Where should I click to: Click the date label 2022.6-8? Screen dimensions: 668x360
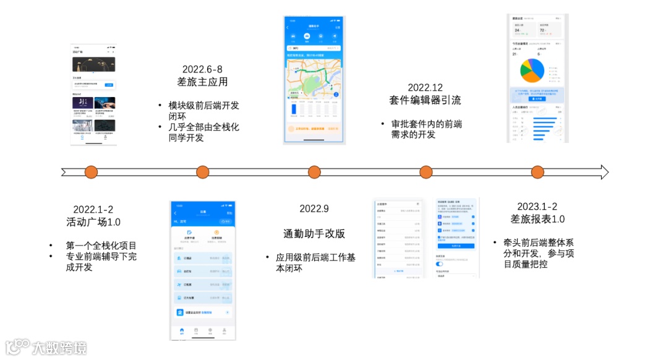point(202,69)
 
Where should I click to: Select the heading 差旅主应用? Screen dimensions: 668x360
point(202,82)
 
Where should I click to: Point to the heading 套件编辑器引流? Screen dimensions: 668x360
point(425,100)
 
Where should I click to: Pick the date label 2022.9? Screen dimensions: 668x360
point(314,208)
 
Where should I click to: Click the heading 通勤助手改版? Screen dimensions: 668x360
point(314,233)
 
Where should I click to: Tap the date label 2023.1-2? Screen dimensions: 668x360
point(537,206)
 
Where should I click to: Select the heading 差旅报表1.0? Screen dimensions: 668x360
point(537,219)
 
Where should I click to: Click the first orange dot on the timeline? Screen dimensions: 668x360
point(91,172)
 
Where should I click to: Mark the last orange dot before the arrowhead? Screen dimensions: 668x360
point(537,172)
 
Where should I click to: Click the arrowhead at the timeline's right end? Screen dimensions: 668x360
point(603,172)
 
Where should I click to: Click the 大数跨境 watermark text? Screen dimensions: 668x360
point(59,348)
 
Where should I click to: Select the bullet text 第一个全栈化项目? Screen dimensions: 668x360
point(101,246)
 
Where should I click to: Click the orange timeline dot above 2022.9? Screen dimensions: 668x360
point(314,172)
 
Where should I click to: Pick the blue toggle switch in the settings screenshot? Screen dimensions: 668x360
point(440,264)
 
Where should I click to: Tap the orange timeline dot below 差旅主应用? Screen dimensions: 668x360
point(202,172)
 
